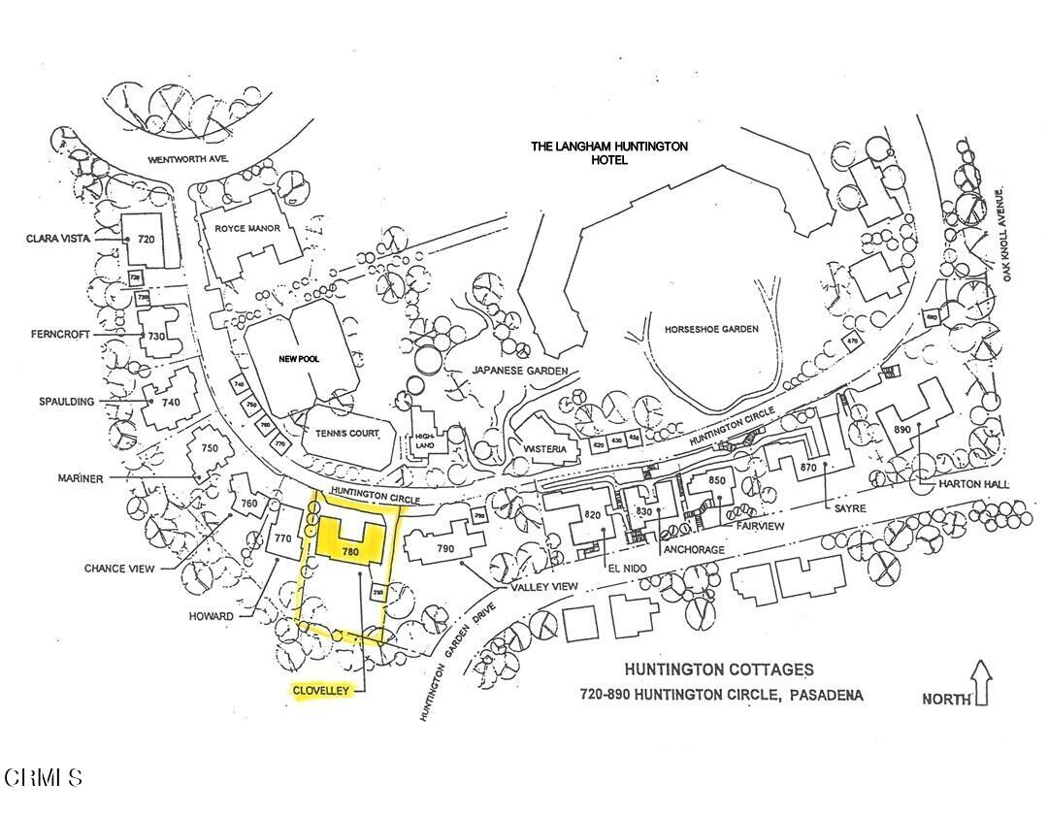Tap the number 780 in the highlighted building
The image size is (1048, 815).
coord(350,552)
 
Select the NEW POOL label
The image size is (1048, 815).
coord(300,359)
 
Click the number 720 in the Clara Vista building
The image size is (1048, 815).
coord(147,238)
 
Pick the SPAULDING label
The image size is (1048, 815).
coord(68,401)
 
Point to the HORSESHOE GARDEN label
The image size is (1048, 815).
coord(711,329)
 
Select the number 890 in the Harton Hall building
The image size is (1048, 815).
coord(901,430)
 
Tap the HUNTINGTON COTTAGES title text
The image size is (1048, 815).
coord(719,669)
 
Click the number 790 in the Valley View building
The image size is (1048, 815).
coord(445,549)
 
